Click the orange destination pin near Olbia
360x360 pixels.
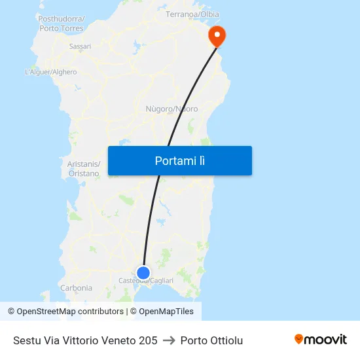point(216,35)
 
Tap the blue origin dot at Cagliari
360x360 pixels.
point(143,273)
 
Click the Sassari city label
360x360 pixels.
point(80,46)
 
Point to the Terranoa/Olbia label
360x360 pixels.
point(192,14)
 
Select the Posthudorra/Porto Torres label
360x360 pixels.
point(61,23)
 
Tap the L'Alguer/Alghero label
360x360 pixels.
point(50,72)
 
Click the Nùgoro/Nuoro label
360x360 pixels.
point(171,109)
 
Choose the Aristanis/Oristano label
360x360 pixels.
point(84,168)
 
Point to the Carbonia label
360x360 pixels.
point(76,288)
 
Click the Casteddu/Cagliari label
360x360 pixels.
point(146,281)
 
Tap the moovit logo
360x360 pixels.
point(321,340)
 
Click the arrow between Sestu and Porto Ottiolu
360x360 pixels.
point(169,340)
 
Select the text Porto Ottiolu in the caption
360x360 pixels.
point(211,340)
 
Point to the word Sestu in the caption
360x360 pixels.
point(26,340)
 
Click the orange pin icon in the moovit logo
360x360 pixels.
point(299,339)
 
